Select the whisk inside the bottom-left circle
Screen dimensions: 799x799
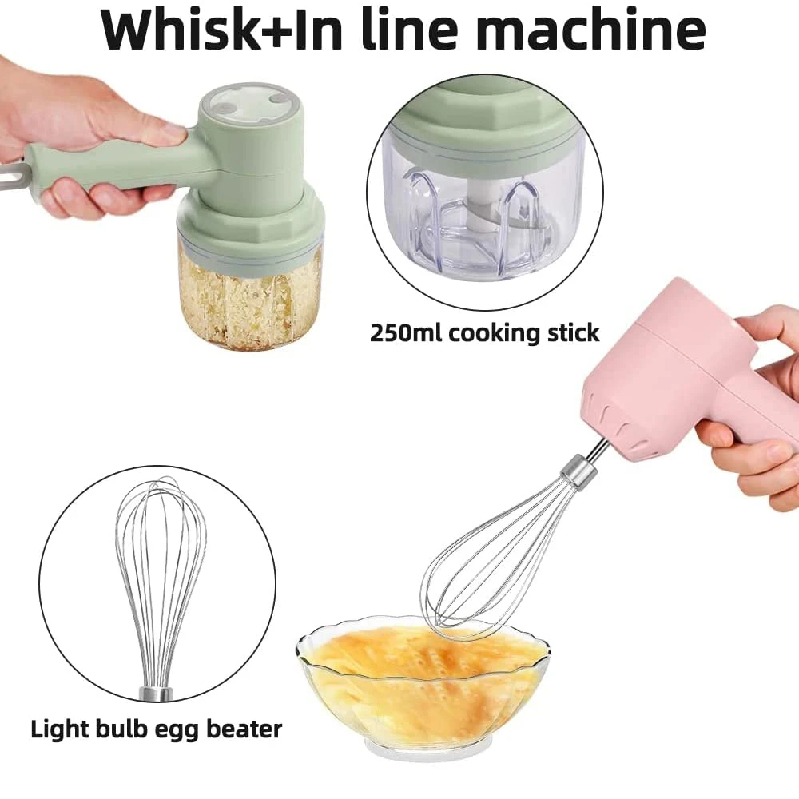point(160,575)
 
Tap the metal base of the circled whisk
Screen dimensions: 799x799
point(157,693)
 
